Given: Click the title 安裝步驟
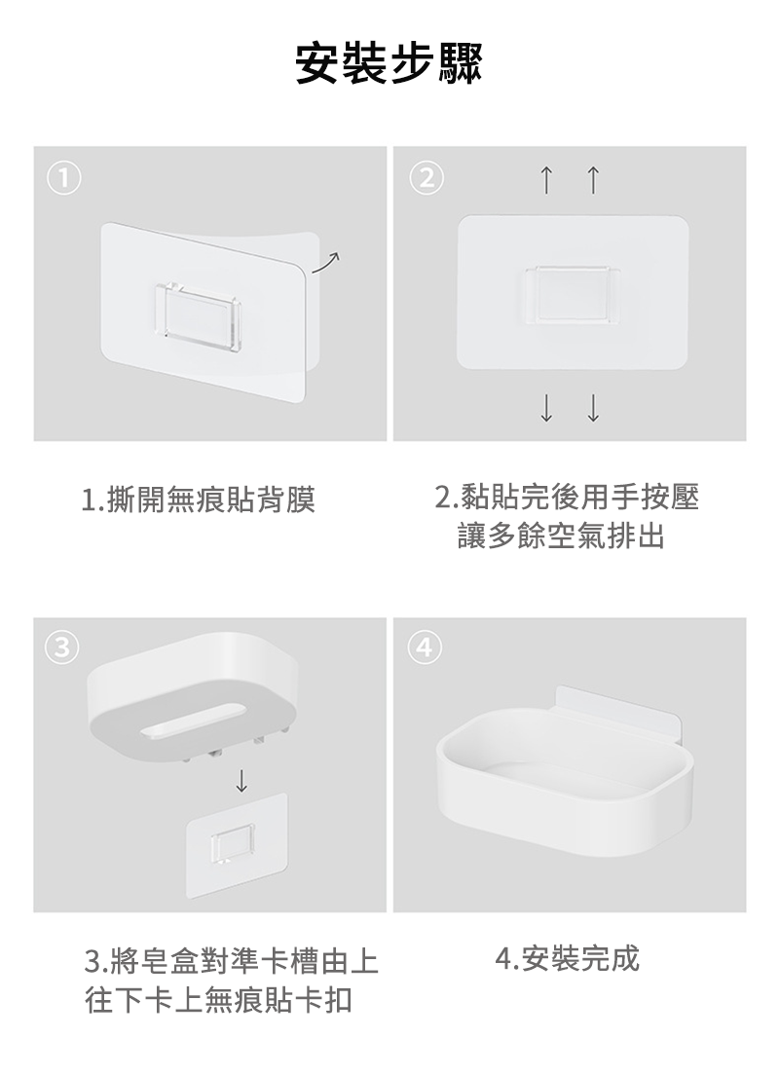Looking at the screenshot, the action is [389, 63].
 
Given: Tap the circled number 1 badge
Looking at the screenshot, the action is [63, 178].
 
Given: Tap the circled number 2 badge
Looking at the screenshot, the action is [427, 178].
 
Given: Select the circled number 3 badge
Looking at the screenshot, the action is [61, 648].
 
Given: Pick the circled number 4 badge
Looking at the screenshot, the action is [425, 648].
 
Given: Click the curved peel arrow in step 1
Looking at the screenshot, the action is [326, 261].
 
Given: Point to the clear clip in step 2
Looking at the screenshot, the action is [573, 293].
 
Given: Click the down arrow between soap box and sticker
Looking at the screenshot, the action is [241, 780].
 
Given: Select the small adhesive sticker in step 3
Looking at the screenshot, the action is [237, 846].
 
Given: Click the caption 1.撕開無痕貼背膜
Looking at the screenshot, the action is [199, 500].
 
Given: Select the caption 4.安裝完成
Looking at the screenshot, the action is [567, 958].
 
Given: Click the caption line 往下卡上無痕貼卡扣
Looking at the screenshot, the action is [218, 1001].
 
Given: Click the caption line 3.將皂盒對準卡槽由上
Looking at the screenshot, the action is [232, 962].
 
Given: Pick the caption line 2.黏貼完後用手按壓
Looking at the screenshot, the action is [568, 497].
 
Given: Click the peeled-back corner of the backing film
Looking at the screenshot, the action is [309, 302].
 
